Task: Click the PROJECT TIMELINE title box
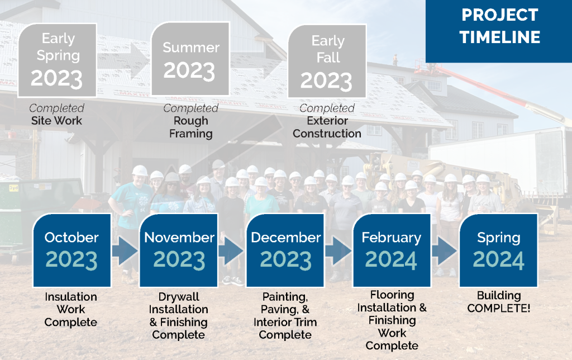pyautogui.click(x=499, y=31)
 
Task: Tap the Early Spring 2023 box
pyautogui.click(x=58, y=60)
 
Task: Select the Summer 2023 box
pyautogui.click(x=190, y=59)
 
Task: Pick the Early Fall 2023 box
pyautogui.click(x=327, y=61)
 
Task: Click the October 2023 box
pyautogui.click(x=72, y=250)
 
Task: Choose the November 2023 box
pyautogui.click(x=179, y=250)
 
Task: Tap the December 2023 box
pyautogui.click(x=285, y=250)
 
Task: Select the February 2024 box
pyautogui.click(x=392, y=250)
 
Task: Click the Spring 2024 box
pyautogui.click(x=498, y=250)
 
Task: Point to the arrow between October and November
pyautogui.click(x=125, y=250)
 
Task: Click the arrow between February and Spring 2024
pyautogui.click(x=445, y=250)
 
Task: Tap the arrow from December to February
pyautogui.click(x=338, y=250)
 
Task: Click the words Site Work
pyautogui.click(x=56, y=121)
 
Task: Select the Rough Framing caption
pyautogui.click(x=191, y=127)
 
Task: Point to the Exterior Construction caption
pyautogui.click(x=327, y=127)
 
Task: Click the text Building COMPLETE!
pyautogui.click(x=499, y=302)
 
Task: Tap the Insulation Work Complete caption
pyautogui.click(x=71, y=309)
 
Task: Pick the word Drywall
pyautogui.click(x=179, y=296)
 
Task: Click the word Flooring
pyautogui.click(x=392, y=295)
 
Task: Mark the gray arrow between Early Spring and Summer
pyautogui.click(x=124, y=60)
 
